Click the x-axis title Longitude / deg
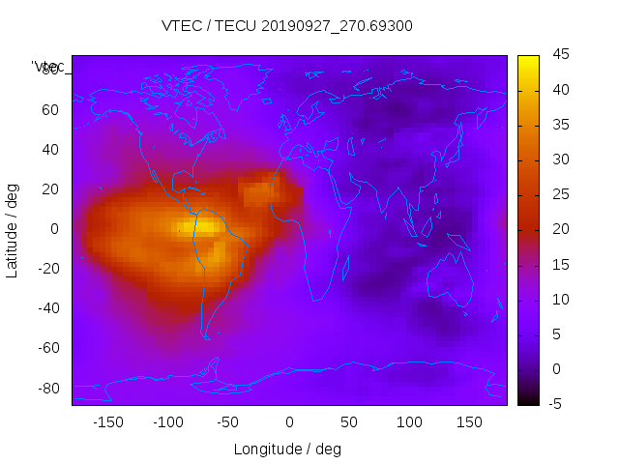[287, 449]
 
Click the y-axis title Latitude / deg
[13, 228]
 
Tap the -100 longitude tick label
[167, 421]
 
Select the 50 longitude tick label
[349, 421]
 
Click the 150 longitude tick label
[469, 421]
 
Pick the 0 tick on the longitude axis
[289, 421]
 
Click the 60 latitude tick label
[50, 109]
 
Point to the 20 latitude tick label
[50, 188]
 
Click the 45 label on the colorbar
[559, 55]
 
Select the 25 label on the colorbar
[559, 194]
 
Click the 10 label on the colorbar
[559, 299]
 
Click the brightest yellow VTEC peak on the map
[206, 226]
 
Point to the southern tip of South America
[206, 336]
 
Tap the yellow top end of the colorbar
[528, 60]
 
